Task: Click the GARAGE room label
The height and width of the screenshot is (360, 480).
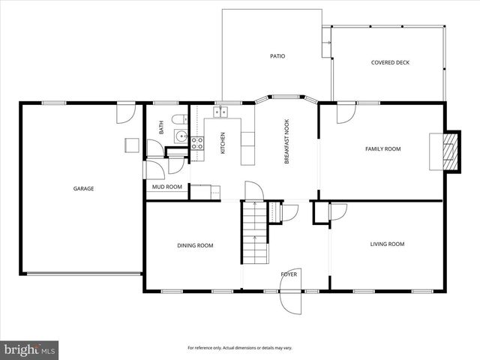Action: tap(83, 188)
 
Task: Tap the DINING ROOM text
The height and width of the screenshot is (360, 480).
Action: tap(195, 245)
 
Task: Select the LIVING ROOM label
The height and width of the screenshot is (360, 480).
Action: tap(387, 244)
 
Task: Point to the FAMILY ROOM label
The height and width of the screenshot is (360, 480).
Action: tap(382, 149)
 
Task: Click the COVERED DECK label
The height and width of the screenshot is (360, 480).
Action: tap(390, 63)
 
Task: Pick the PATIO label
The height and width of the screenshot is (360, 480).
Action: tap(277, 56)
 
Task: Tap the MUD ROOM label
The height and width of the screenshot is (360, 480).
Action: tap(167, 187)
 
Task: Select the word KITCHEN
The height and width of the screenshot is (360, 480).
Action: tap(223, 144)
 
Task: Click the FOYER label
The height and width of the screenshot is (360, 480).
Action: tap(289, 274)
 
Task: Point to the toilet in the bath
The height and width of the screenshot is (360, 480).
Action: tap(178, 120)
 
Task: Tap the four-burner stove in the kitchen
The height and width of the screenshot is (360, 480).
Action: tap(197, 142)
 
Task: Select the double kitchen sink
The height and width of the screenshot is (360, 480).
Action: tap(221, 112)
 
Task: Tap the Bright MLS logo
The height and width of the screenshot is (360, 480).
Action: tap(30, 349)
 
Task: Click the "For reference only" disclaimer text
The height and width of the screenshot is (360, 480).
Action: tap(240, 348)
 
